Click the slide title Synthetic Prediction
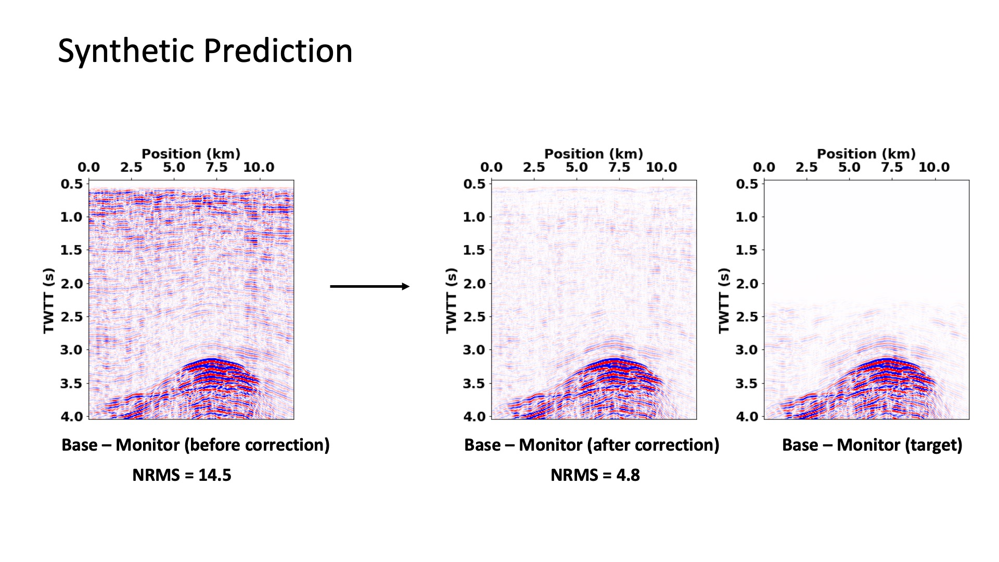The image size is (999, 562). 205,51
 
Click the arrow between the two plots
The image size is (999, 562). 369,286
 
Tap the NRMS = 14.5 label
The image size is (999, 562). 182,475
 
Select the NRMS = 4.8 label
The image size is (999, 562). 595,475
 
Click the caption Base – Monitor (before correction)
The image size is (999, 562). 196,445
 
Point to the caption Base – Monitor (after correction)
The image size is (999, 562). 592,445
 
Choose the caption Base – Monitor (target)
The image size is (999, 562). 872,445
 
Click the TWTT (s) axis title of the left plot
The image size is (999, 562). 48,300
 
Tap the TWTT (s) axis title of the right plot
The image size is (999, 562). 724,300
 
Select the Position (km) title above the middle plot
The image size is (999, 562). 594,154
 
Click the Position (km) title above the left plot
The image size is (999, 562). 191,154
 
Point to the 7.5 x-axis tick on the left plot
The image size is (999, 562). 216,168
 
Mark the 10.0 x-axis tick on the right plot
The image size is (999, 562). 934,168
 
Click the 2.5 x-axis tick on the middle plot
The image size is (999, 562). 534,168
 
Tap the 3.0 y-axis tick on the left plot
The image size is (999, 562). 72,350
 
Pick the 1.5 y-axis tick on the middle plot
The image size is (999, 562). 474,250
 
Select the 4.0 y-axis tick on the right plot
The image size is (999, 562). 747,416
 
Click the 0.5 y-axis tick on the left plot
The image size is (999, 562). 72,184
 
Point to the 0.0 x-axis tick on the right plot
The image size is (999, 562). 764,168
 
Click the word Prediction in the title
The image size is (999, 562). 278,51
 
